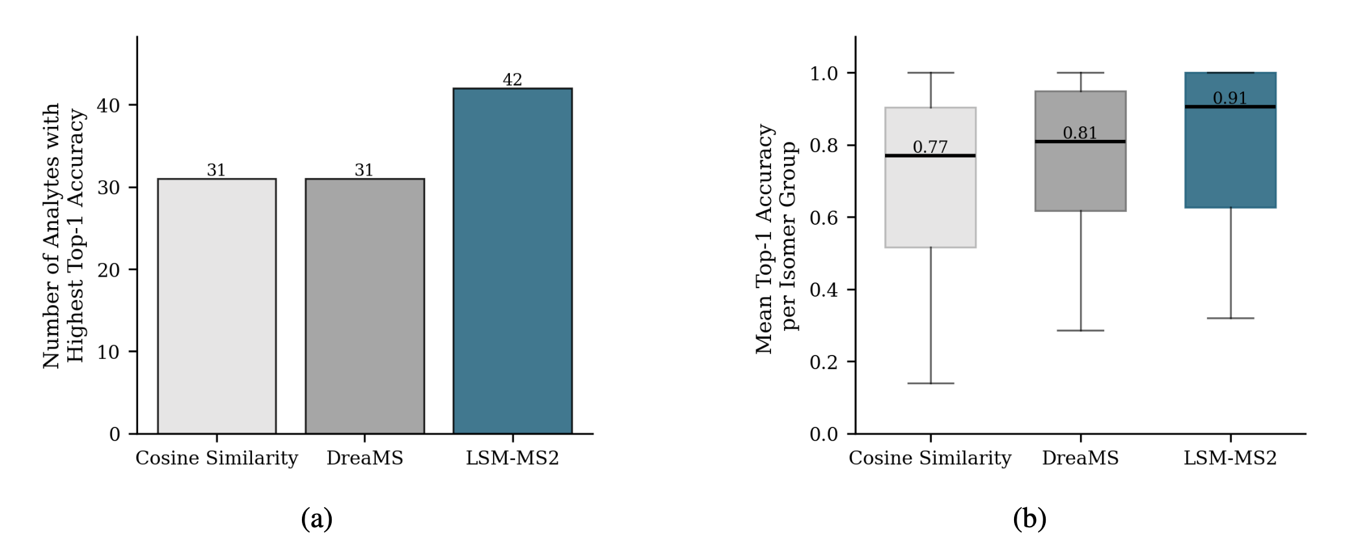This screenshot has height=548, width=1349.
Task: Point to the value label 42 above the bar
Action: click(x=513, y=80)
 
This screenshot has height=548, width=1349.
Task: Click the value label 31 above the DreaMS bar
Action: click(x=364, y=170)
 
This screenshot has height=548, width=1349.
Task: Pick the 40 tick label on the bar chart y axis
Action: click(x=109, y=105)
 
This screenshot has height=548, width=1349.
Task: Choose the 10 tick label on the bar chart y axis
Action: click(x=109, y=352)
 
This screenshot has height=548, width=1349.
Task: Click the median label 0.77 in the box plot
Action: click(x=930, y=147)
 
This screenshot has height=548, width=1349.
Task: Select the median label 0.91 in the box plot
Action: click(x=1230, y=98)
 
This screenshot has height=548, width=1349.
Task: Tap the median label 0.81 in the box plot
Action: click(x=1080, y=133)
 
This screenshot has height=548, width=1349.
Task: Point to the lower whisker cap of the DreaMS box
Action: click(x=1080, y=330)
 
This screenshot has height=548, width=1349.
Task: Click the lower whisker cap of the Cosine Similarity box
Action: click(x=930, y=383)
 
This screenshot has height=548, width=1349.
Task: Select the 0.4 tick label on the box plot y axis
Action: click(x=824, y=290)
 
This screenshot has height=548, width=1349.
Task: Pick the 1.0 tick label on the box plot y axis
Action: click(x=824, y=73)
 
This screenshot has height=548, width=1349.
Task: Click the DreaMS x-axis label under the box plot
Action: click(x=1080, y=458)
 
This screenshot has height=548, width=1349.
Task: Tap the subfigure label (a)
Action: click(x=317, y=519)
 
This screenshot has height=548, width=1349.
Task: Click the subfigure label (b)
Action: click(x=1030, y=519)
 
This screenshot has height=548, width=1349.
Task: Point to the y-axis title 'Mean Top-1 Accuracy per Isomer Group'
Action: click(x=776, y=238)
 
